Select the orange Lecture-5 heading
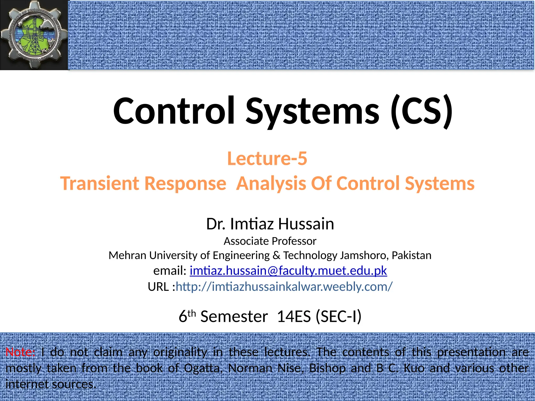(x=267, y=159)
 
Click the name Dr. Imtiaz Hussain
(x=270, y=224)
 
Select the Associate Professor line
(x=270, y=241)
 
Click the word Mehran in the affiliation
(x=127, y=256)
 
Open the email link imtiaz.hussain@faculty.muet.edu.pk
(x=288, y=271)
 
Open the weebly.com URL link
(x=284, y=287)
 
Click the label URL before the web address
(x=158, y=287)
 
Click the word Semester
(x=234, y=317)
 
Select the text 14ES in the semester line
(x=294, y=317)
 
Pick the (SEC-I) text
(x=339, y=317)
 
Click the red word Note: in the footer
(x=20, y=352)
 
